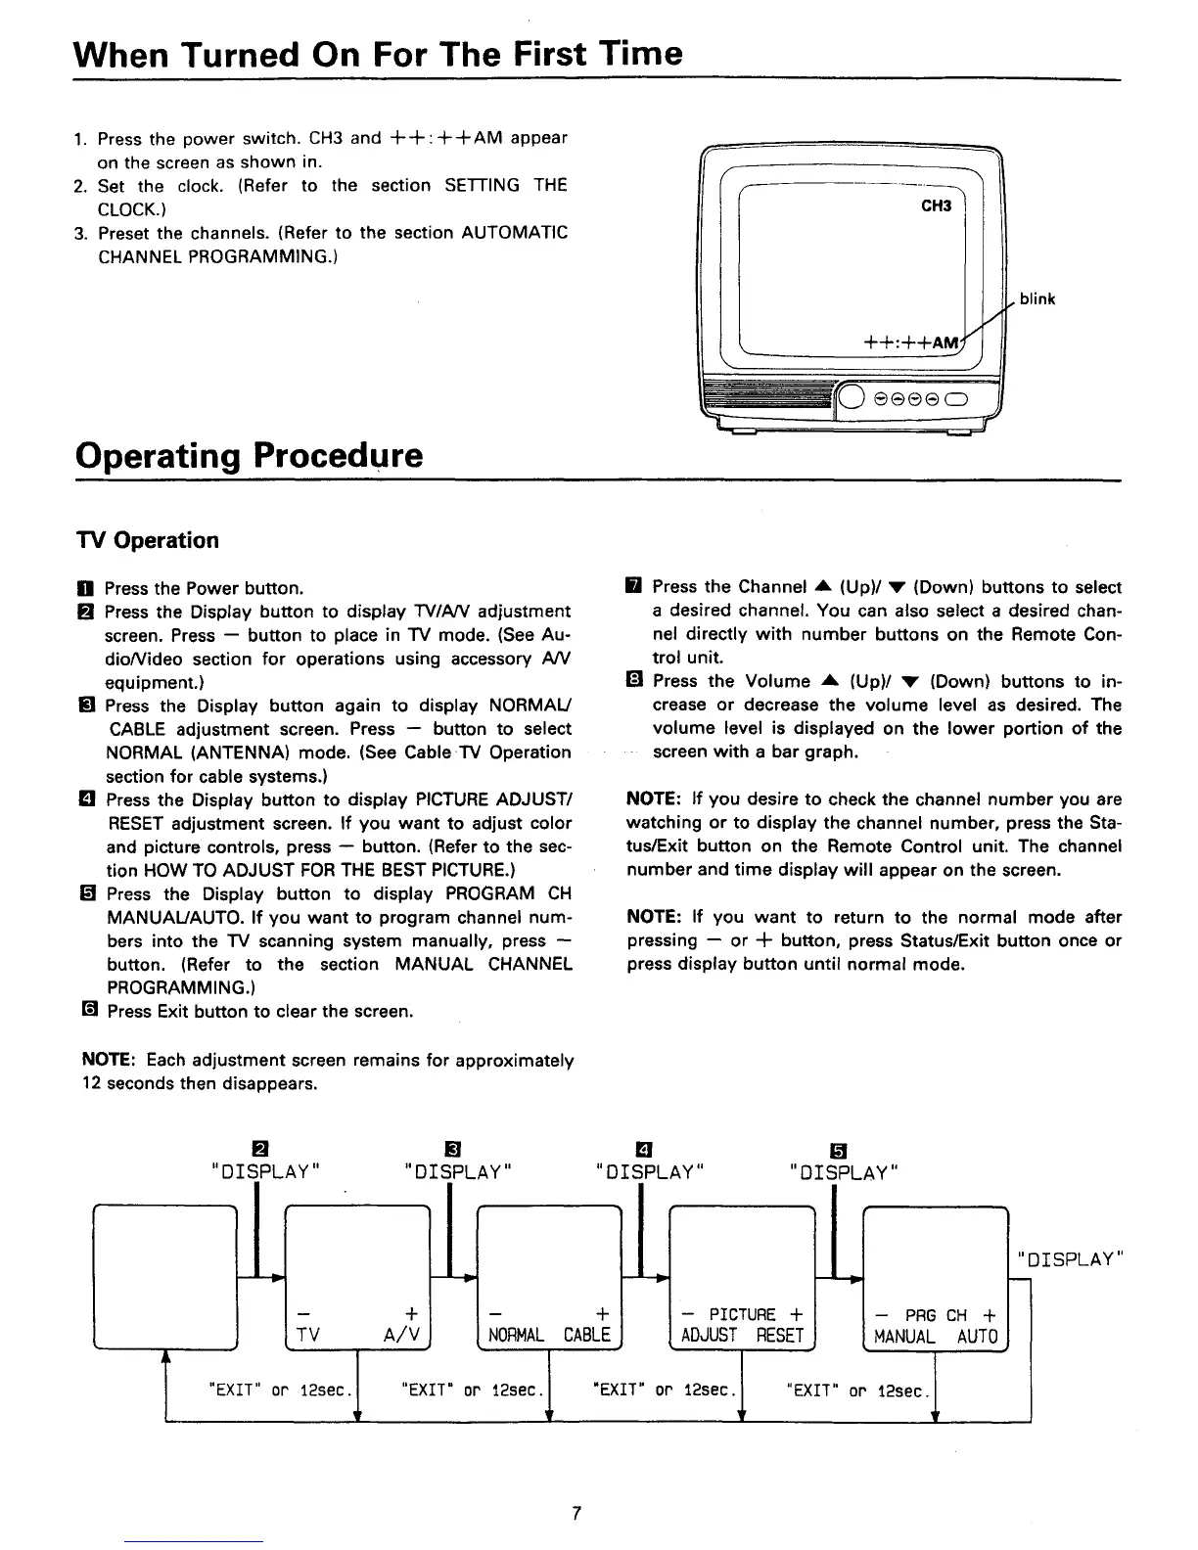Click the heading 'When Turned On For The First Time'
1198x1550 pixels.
[x=379, y=53]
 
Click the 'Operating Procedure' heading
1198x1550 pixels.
[x=250, y=455]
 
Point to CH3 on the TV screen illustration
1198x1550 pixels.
[x=936, y=206]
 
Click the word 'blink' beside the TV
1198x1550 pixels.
[x=1037, y=299]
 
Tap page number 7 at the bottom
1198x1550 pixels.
[x=576, y=1513]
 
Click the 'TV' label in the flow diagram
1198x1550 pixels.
[x=307, y=1336]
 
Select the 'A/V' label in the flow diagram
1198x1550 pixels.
[x=403, y=1336]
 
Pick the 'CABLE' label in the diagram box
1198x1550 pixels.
[x=586, y=1336]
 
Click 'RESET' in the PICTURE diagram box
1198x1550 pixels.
[x=779, y=1336]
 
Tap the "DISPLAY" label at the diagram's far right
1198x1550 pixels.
[x=1073, y=1258]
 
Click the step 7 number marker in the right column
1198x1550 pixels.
[x=634, y=587]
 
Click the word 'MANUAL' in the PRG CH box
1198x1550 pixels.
[x=903, y=1337]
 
